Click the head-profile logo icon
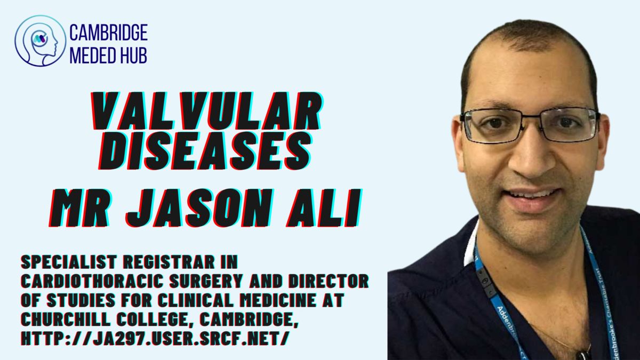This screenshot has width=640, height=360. coord(41,41)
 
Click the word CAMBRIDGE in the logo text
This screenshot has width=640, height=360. coord(109,33)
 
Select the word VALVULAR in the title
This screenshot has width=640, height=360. coord(207,111)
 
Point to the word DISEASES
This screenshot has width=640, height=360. coord(205,151)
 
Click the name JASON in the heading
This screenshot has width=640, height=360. coord(199,208)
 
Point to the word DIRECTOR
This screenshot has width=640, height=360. coord(329,281)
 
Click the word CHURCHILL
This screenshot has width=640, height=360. coord(66,319)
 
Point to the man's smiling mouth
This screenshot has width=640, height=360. coord(531,198)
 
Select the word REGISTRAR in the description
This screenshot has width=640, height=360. coord(169,262)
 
